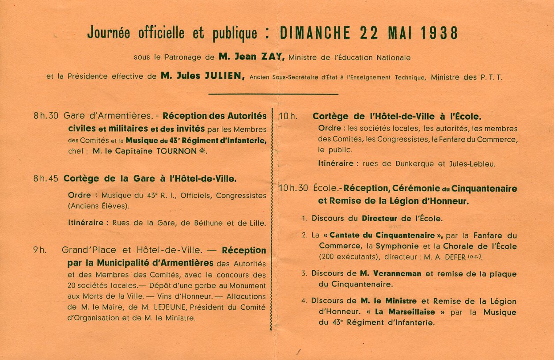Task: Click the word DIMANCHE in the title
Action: [x=315, y=33]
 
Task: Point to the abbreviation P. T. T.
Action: [x=491, y=77]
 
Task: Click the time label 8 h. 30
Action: [x=46, y=116]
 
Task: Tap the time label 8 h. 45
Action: [x=46, y=179]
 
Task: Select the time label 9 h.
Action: [x=39, y=250]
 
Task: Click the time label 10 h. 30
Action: [x=293, y=188]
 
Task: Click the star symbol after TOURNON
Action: [x=202, y=151]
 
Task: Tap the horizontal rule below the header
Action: [x=273, y=94]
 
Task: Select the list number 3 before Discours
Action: [x=304, y=273]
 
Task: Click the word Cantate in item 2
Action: [x=349, y=235]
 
